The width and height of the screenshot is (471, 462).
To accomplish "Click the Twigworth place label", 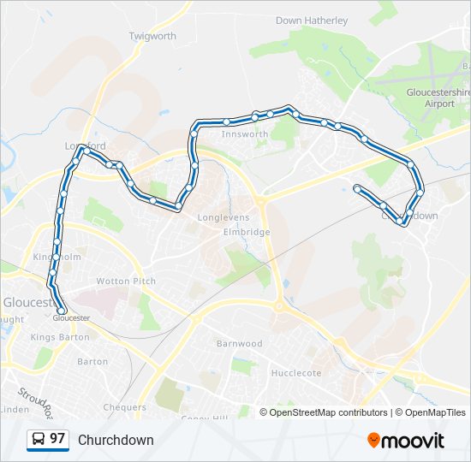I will click(152, 36).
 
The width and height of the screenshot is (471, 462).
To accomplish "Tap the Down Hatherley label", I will click(312, 21).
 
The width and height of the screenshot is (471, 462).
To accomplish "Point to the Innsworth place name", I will click(245, 134).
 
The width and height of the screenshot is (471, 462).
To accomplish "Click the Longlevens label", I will click(223, 217).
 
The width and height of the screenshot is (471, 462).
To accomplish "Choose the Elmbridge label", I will click(247, 232).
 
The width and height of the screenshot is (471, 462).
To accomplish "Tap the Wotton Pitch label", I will click(126, 281).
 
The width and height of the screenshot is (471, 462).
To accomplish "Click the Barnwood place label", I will click(239, 344).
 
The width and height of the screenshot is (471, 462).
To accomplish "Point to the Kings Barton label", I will click(54, 337).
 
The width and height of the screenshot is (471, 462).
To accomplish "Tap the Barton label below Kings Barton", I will click(92, 362).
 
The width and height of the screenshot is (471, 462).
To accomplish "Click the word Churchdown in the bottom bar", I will click(116, 440).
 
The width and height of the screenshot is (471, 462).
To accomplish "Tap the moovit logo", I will click(406, 441).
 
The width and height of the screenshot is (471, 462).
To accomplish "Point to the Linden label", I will click(15, 410).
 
